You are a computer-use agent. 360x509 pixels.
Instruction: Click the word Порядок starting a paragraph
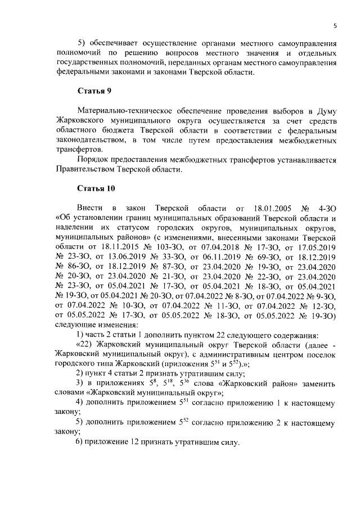coord(95,159)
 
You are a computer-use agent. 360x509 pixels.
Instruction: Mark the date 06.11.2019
coord(221,256)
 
